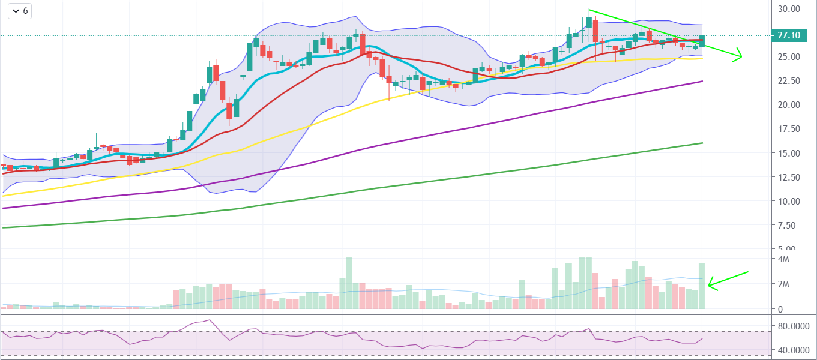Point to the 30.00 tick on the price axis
click(789, 9)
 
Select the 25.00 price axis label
click(789, 57)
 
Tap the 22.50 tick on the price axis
click(789, 81)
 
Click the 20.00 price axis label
click(789, 105)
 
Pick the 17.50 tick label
click(789, 129)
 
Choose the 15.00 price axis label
click(789, 153)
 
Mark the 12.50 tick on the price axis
click(789, 177)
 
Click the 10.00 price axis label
click(789, 201)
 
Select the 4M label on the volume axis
click(783, 259)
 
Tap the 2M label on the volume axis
click(783, 284)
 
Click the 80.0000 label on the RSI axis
click(792, 328)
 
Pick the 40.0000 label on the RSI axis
click(792, 350)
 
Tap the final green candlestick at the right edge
click(702, 41)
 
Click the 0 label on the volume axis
click(779, 310)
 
